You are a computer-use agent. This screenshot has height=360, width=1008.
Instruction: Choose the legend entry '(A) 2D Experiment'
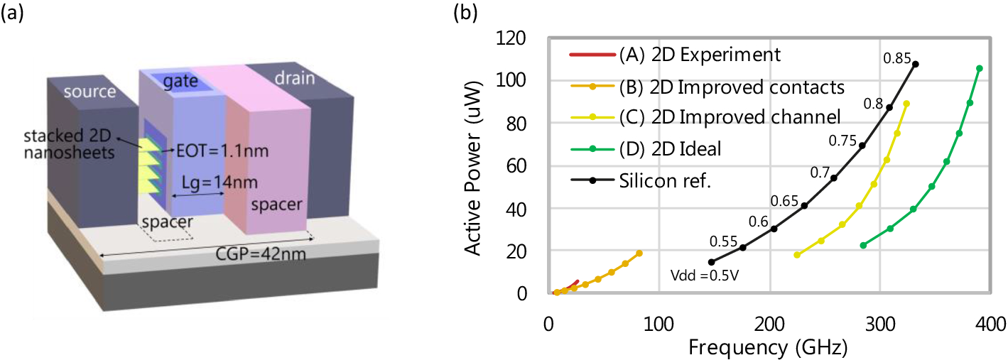(x=700, y=54)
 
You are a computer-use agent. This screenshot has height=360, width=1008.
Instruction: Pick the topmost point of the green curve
(x=979, y=69)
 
